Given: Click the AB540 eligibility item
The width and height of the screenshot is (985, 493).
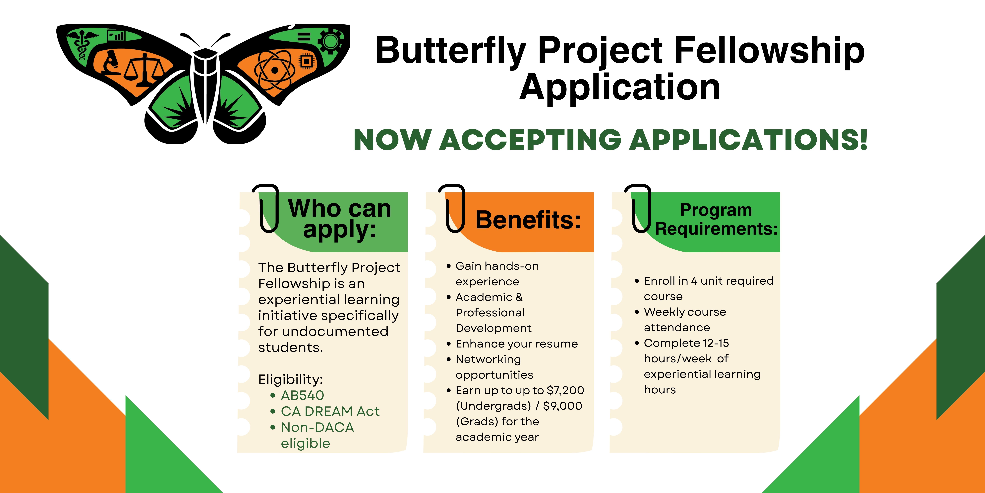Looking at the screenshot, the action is tap(302, 395).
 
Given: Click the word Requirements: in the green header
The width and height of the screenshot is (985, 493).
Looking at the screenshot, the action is tap(716, 229).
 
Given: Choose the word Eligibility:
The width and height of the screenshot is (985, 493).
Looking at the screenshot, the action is tap(291, 379).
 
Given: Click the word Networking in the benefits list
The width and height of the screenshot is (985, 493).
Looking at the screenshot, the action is tap(488, 359).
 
